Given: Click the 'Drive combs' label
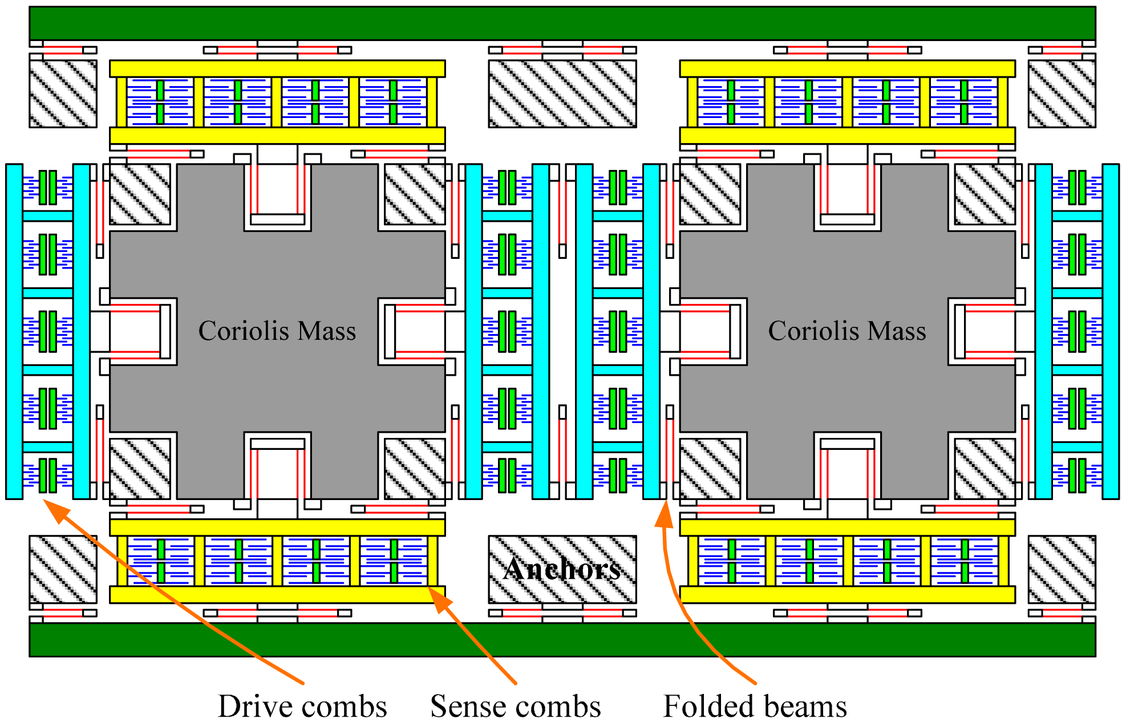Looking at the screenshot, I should (302, 706).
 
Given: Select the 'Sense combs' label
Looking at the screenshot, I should (515, 706).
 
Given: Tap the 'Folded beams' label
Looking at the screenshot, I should (755, 706).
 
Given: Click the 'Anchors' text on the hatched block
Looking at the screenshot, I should (562, 568).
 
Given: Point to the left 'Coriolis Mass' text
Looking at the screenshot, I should (277, 331).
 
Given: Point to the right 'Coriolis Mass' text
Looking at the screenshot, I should (846, 331).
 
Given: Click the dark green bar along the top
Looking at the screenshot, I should (562, 23).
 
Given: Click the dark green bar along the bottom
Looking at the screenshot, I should (562, 639).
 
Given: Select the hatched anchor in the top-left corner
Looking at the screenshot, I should (63, 94).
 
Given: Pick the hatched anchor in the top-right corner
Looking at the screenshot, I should (1062, 94).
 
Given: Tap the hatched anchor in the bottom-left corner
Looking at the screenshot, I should (63, 569).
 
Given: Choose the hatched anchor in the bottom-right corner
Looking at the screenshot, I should (1062, 569).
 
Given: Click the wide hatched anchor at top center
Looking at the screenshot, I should (562, 94).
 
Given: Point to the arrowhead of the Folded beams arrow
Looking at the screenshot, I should (664, 510).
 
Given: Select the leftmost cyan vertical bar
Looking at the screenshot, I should (14, 331).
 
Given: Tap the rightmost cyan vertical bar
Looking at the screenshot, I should (1111, 331).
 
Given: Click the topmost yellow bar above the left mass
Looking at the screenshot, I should (277, 68).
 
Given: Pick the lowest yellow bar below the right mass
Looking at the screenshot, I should (847, 595).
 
